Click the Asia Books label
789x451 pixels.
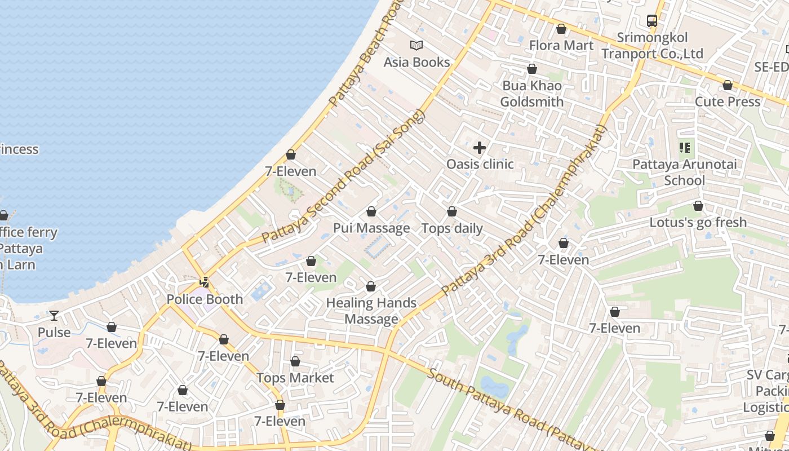tap(416, 62)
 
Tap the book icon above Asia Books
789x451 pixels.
tap(416, 45)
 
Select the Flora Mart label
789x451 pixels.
tap(561, 45)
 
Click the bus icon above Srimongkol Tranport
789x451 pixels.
tap(652, 21)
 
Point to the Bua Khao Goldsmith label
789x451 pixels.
tap(531, 94)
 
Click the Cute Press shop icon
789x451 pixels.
tap(728, 85)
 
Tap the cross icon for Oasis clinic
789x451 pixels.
tap(480, 148)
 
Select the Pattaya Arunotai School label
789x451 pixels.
tap(684, 173)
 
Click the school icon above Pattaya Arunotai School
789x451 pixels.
tap(685, 148)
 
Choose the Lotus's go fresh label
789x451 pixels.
tap(698, 222)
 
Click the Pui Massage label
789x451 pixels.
tap(371, 228)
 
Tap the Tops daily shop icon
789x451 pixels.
tap(452, 211)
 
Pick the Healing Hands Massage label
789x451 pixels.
tap(371, 311)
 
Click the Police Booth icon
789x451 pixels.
tap(205, 282)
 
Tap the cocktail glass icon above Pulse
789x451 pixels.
tap(54, 315)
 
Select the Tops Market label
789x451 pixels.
tap(295, 378)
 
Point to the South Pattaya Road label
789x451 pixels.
tap(496, 401)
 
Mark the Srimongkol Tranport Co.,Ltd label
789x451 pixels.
tap(652, 46)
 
